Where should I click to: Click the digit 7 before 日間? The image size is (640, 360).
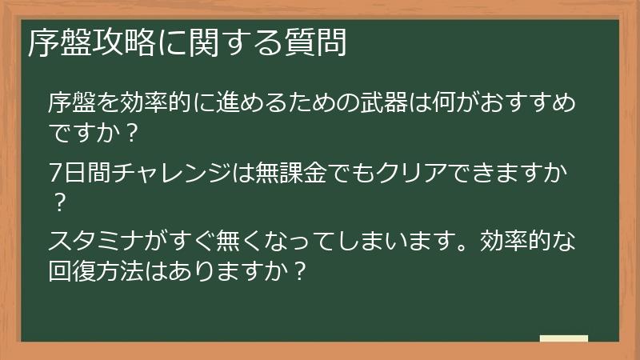coord(54,172)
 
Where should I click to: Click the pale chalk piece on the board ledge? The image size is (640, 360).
coord(563,338)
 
